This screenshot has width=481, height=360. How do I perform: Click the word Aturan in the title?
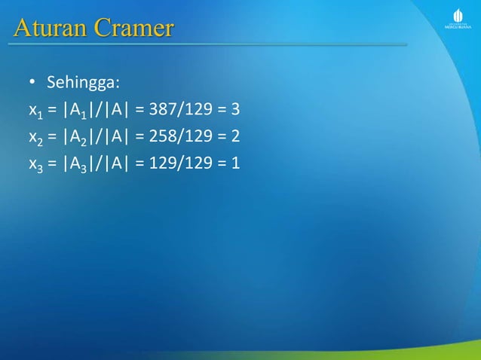click(x=51, y=29)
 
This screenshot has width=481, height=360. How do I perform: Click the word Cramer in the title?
click(x=133, y=29)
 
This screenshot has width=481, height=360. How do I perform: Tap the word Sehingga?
click(x=79, y=81)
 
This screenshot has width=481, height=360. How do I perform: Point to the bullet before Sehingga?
click(x=33, y=81)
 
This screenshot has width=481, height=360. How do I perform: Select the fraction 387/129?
click(x=175, y=110)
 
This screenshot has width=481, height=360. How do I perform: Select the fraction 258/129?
click(x=175, y=136)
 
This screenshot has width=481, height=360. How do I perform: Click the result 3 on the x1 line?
click(x=235, y=110)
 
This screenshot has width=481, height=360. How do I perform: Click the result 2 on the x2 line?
click(x=235, y=136)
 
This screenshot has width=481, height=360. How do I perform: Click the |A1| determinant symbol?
click(x=78, y=111)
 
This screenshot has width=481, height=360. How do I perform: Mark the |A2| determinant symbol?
click(x=78, y=136)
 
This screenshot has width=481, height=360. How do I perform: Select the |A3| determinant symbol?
click(x=78, y=162)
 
